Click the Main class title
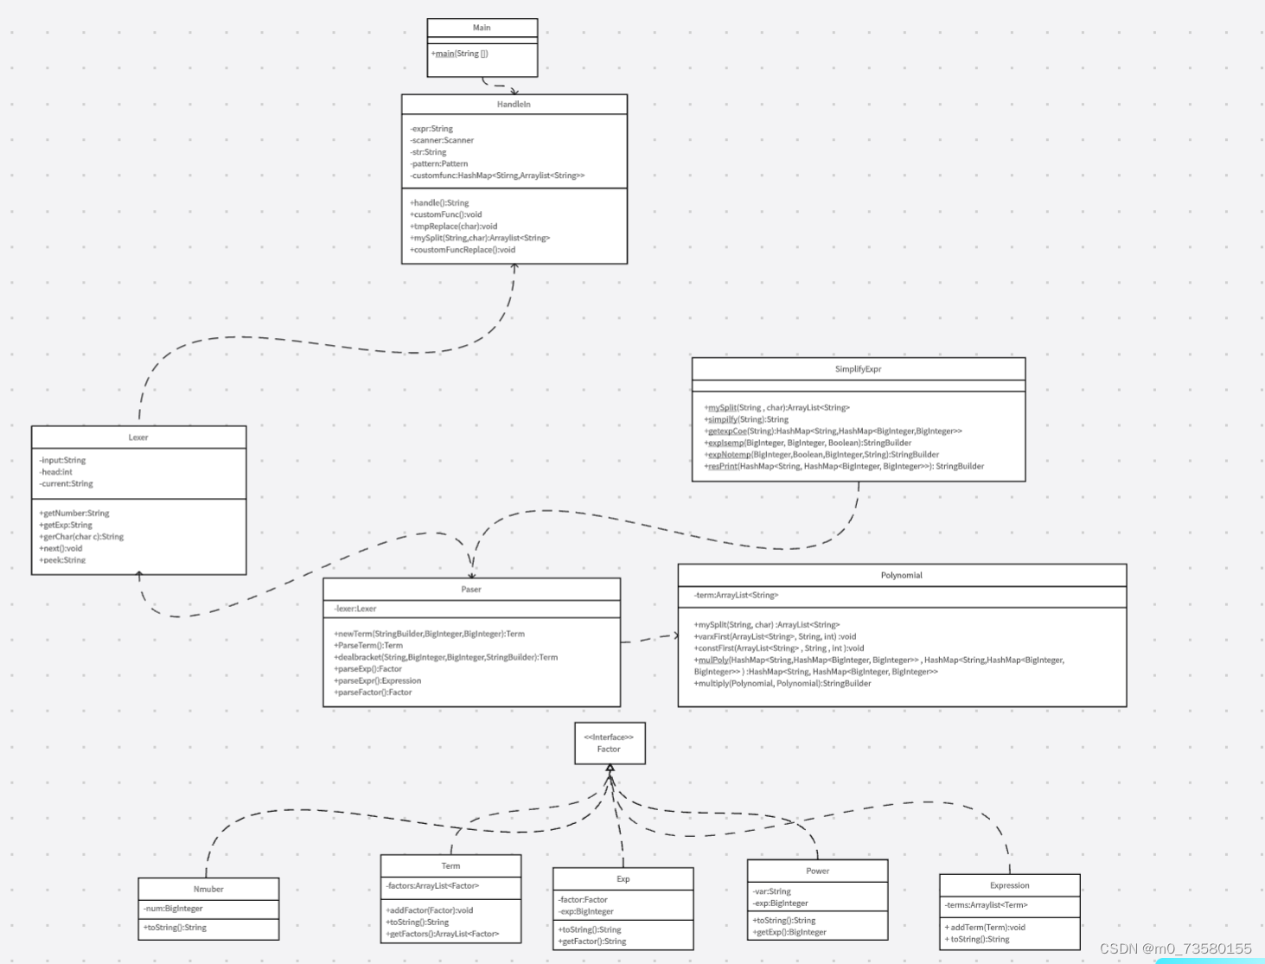(482, 28)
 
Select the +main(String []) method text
(460, 54)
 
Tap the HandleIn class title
(514, 104)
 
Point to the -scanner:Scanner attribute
(442, 140)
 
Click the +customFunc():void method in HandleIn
(446, 214)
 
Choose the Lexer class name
(138, 437)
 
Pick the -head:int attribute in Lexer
(56, 472)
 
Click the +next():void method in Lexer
(61, 548)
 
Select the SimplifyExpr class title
(858, 369)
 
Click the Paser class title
(471, 590)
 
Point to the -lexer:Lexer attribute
(355, 609)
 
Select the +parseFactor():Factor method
(374, 693)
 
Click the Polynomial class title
(901, 575)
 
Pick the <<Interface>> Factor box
(609, 744)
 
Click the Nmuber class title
(208, 889)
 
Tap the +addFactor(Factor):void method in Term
(430, 910)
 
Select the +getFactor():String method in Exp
(592, 942)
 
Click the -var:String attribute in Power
(772, 891)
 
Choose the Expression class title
(1009, 885)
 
